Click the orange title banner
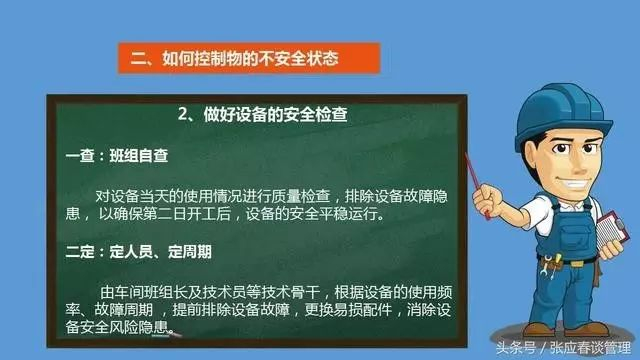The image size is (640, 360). coord(249,58)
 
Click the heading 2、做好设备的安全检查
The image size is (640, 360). coord(263,115)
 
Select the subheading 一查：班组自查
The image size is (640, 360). coord(117,156)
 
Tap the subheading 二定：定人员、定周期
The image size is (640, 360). coord(139,252)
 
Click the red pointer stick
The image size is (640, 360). coord(477,186)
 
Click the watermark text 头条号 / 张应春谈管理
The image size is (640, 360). coord(564,348)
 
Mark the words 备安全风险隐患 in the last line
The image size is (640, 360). coord(117,327)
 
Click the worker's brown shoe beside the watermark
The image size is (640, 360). coord(538,329)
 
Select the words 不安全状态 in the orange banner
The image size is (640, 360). coord(300,58)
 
